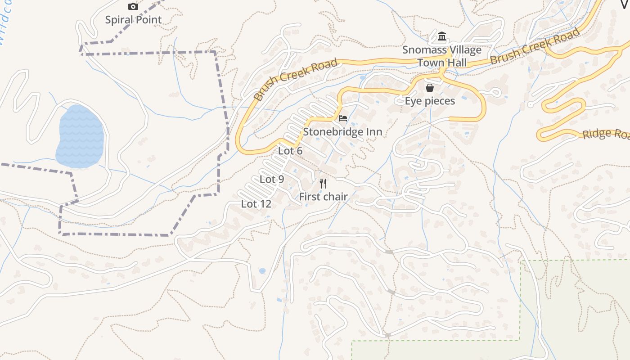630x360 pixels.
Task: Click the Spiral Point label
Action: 133,20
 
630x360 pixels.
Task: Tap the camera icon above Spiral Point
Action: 133,6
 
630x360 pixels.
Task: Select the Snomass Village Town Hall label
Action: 442,56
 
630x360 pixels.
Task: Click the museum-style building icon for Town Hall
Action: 442,36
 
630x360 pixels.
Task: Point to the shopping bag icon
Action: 430,87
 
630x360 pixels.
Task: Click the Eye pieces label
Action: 430,101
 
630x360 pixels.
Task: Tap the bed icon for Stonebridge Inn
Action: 343,119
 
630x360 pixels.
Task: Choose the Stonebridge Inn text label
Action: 342,132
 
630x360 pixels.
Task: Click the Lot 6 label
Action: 290,151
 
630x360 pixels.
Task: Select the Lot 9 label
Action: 272,179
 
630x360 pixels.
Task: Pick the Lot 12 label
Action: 256,204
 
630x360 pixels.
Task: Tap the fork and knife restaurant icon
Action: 323,183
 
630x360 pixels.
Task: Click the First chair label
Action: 323,197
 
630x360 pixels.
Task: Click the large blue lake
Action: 80,137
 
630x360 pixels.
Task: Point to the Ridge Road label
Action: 605,134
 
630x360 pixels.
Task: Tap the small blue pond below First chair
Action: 262,271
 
